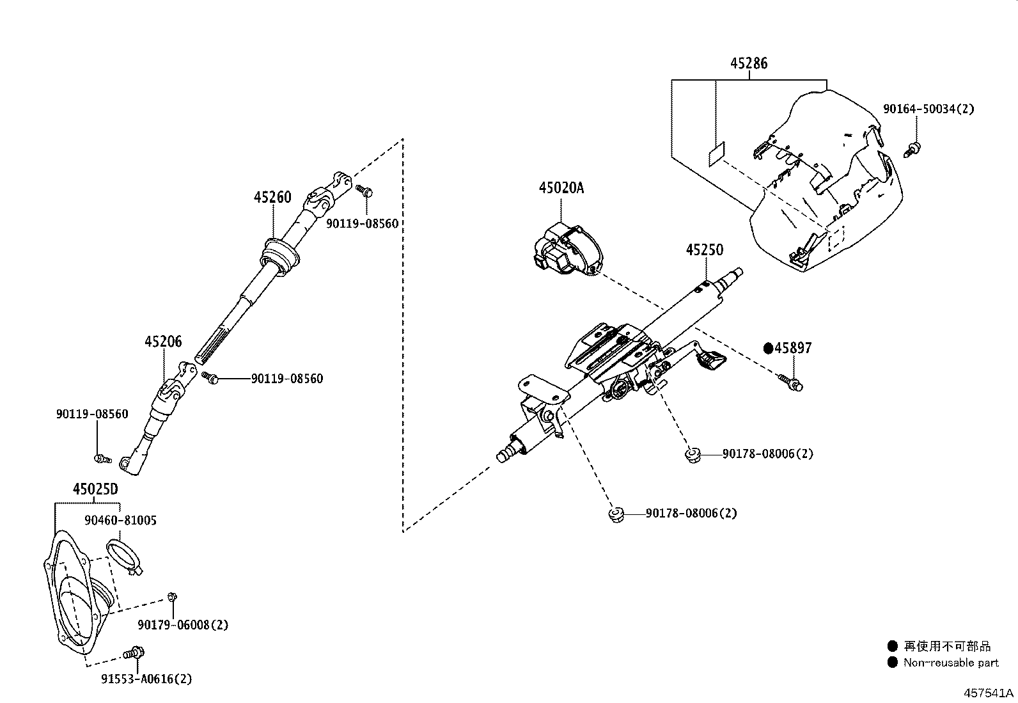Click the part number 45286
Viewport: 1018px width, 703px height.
click(749, 63)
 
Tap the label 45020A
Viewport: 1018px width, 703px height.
click(561, 187)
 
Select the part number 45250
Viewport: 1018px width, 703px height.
click(705, 249)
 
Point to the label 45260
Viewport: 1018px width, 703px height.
click(272, 198)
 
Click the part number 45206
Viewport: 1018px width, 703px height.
click(163, 342)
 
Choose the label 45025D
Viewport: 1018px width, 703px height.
click(95, 489)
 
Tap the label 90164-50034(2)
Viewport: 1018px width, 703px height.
click(928, 109)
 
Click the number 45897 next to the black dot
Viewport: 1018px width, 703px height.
click(793, 348)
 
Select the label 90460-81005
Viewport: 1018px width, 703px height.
click(120, 520)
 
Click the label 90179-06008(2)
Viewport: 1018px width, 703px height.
click(183, 625)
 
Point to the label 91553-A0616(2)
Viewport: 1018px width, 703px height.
click(146, 679)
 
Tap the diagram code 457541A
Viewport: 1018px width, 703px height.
click(989, 693)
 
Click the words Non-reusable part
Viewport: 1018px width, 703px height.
click(951, 663)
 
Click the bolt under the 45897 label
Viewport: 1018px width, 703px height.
click(790, 383)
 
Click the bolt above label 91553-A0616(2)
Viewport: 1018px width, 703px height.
click(134, 653)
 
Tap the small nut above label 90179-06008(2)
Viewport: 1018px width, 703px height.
click(172, 597)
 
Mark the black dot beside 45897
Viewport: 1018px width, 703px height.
click(769, 349)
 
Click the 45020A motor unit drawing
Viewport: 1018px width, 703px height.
click(568, 251)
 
